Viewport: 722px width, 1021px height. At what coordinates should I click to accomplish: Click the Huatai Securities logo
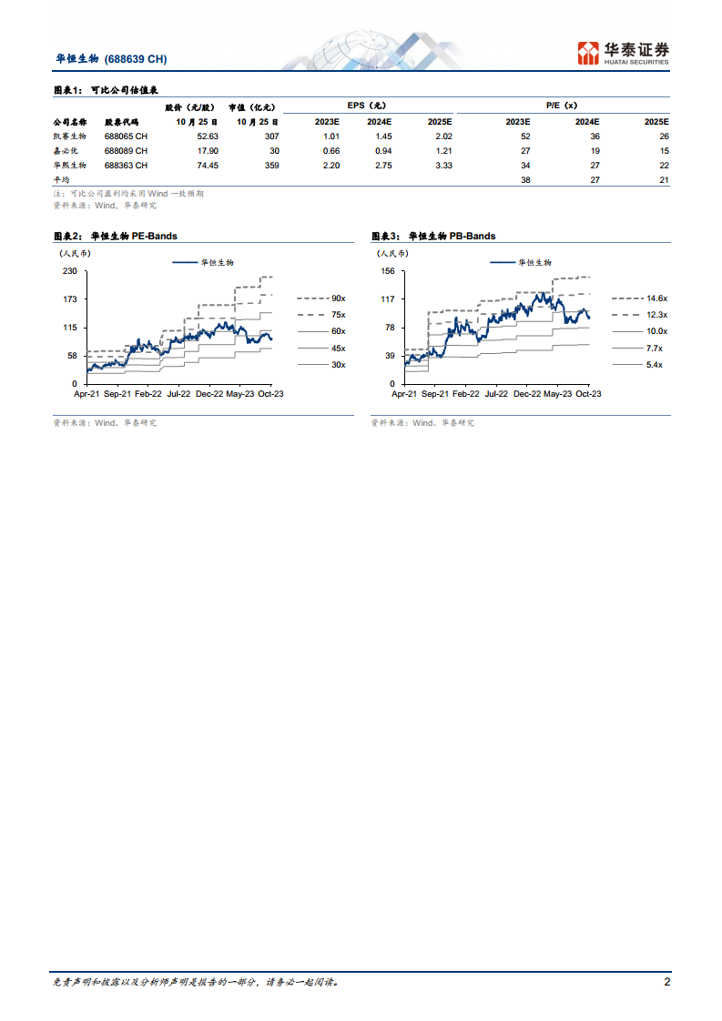click(624, 53)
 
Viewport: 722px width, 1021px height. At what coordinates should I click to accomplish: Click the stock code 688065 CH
click(126, 136)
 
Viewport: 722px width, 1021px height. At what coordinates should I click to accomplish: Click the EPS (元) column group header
click(366, 106)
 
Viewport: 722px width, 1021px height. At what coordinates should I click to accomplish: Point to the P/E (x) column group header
click(562, 106)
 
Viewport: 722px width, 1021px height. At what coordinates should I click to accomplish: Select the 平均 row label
click(62, 180)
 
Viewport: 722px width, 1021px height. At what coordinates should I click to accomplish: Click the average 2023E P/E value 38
click(524, 180)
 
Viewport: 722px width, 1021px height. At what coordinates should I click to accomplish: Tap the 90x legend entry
click(338, 298)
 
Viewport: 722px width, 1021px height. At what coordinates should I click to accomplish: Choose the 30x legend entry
click(338, 364)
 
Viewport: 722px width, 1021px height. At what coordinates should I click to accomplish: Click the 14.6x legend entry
click(656, 298)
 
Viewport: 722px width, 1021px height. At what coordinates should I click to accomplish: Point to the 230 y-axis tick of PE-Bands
click(69, 271)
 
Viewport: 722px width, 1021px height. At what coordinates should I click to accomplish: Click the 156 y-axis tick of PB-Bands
click(388, 271)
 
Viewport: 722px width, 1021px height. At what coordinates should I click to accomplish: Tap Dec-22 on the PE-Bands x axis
click(209, 394)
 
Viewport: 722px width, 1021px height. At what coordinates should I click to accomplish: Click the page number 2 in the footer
click(666, 983)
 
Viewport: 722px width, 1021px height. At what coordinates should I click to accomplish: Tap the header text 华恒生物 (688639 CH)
click(110, 59)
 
